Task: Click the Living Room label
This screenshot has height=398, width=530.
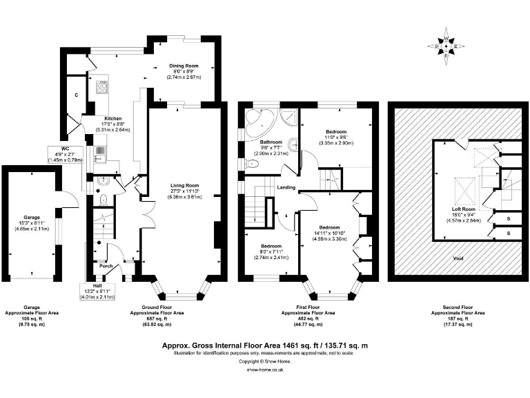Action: point(184,185)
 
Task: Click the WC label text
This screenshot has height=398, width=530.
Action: point(65,148)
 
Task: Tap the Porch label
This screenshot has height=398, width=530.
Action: point(106,266)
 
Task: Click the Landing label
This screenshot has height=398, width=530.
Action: point(287,187)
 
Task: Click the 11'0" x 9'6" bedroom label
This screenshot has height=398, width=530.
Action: point(336,132)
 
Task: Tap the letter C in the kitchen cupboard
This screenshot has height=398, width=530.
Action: point(77,95)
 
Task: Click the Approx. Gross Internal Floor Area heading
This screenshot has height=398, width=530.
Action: point(264,344)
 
